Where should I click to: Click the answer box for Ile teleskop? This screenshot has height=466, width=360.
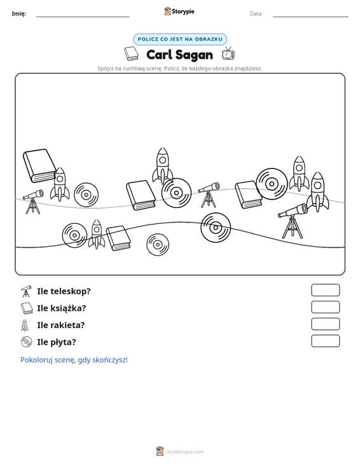point(325,290)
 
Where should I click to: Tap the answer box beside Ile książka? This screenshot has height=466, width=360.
point(325,307)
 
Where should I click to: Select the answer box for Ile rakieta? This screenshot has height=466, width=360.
point(325,324)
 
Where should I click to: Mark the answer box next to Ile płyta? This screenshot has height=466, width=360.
point(325,341)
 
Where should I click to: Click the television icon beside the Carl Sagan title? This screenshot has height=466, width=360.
point(228,54)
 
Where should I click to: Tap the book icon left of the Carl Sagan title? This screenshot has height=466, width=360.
point(132,54)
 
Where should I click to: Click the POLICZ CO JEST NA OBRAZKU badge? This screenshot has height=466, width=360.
point(180,39)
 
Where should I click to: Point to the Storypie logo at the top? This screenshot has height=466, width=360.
point(179,11)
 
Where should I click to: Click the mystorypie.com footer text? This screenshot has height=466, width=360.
point(184,452)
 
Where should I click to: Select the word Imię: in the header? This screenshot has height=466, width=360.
point(18,14)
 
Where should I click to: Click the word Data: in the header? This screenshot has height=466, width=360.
point(256,14)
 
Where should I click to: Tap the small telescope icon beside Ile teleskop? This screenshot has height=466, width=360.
point(26,292)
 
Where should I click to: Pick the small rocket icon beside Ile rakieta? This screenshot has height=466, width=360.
point(25,325)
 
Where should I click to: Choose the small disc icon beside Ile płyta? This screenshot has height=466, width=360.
point(27,342)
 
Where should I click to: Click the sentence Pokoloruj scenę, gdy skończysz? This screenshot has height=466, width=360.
point(74,360)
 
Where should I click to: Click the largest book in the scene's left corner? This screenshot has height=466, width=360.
point(40,165)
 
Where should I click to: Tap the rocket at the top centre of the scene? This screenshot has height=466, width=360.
point(163,165)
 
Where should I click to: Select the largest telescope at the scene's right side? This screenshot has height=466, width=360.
point(293,221)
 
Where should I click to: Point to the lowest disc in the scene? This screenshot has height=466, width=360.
point(158,245)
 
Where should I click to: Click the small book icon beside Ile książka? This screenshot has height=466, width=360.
point(27,308)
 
